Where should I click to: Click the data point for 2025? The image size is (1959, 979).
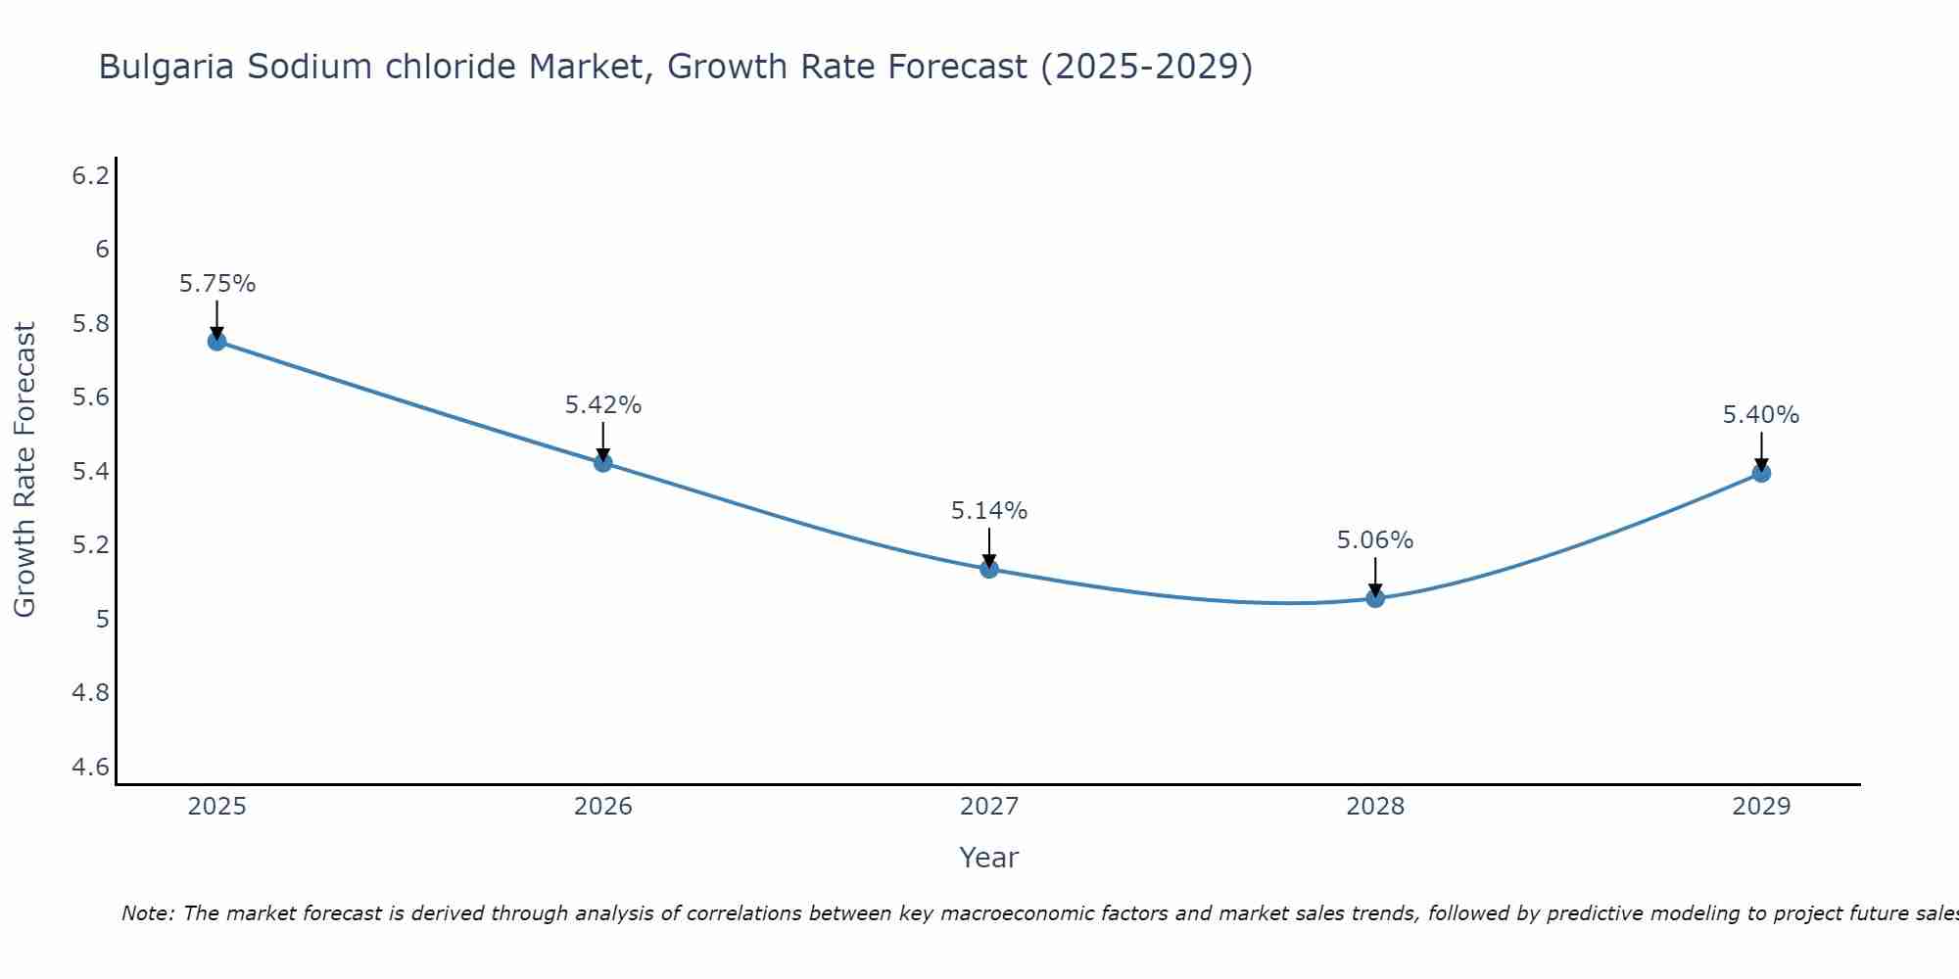coord(216,341)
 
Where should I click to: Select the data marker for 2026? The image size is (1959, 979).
coord(602,462)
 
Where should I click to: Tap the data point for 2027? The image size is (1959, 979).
coord(989,569)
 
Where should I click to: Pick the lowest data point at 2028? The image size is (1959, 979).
coord(1375,598)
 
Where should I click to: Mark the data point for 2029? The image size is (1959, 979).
coord(1761,473)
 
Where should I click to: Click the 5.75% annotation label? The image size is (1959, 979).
coord(217,284)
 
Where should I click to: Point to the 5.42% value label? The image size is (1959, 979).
coord(603,405)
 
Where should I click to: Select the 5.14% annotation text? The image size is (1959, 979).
coord(989,511)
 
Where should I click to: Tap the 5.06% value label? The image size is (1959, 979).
coord(1375,540)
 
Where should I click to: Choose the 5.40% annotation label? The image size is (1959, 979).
coord(1761,415)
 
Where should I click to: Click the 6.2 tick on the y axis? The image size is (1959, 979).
coord(91,176)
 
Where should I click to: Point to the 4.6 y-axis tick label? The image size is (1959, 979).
coord(91,767)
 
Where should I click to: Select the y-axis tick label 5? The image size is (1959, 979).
coord(102,619)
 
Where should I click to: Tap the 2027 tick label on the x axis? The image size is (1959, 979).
coord(989,807)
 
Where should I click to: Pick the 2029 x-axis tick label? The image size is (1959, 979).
coord(1761,807)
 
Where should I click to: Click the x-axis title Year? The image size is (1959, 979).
coord(989,858)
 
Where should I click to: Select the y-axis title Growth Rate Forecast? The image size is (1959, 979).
coord(24,470)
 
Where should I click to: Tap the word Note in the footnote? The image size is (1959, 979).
coord(147,913)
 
